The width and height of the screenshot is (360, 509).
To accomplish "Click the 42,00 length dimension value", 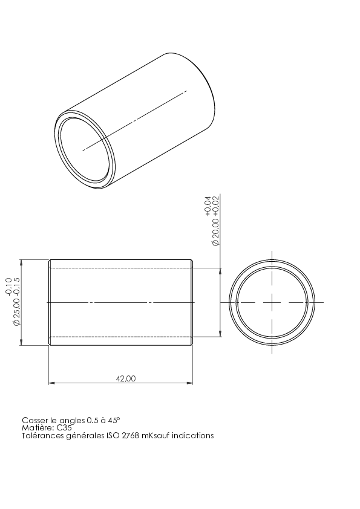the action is [x=126, y=378].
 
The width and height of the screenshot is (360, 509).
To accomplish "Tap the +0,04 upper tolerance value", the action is [x=208, y=206].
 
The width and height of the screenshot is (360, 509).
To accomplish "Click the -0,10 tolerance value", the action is [x=8, y=287].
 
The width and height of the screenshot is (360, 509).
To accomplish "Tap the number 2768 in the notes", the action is [x=130, y=435].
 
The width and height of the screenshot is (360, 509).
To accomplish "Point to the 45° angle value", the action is [x=114, y=420].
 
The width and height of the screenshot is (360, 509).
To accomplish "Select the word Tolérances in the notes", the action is [x=42, y=435].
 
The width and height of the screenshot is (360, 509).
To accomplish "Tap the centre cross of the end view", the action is [x=272, y=302].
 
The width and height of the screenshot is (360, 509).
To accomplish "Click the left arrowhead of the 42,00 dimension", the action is [x=51, y=383].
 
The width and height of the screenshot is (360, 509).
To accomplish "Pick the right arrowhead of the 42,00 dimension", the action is [x=190, y=383].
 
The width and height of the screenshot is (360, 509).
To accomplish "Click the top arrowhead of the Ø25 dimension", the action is [x=21, y=262].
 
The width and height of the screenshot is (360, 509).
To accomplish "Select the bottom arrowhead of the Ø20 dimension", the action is [x=221, y=334].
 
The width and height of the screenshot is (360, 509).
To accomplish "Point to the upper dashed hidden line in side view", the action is [x=121, y=268].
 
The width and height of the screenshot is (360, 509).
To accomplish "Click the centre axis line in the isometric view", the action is [x=135, y=120].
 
